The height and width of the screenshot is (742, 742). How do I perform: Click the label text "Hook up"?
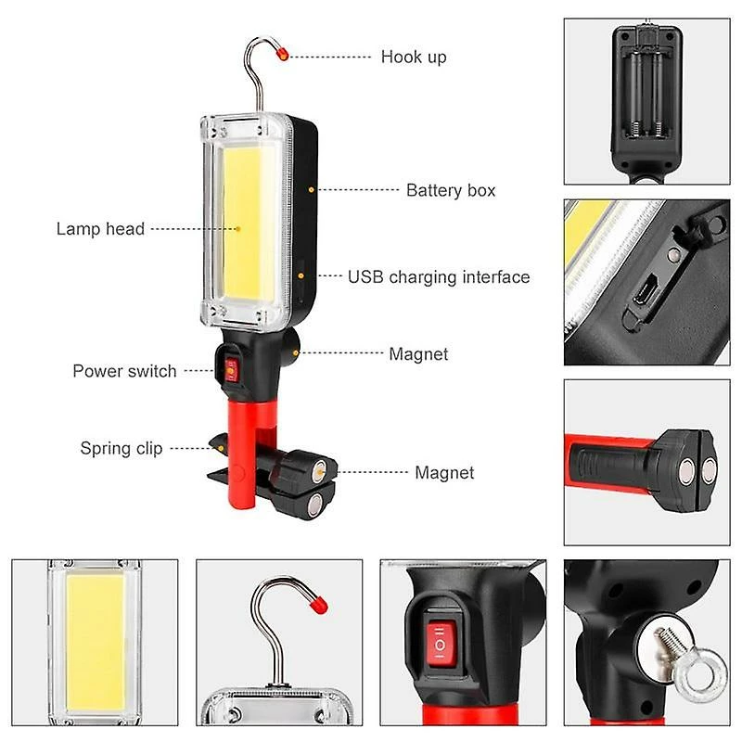coord(414,58)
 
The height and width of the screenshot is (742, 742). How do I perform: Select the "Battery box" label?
coord(451,190)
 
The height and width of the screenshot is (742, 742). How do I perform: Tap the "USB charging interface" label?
coord(439,277)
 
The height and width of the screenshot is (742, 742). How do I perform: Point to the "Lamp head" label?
coord(100,229)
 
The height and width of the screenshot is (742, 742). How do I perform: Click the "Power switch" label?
coord(124,371)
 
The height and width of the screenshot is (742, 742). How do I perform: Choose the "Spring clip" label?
coord(122,448)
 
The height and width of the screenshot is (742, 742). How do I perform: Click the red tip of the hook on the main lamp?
coord(283,54)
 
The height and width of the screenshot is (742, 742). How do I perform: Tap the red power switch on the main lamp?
coord(231,369)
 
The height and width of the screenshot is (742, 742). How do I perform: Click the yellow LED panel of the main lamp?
coord(242,222)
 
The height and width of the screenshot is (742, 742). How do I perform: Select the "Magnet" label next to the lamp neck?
coord(418,354)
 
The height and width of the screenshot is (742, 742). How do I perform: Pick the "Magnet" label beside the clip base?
coord(444,473)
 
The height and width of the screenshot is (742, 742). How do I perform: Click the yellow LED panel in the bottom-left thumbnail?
coord(96,641)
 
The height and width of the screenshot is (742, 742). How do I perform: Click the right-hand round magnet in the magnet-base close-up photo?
coord(708,472)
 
